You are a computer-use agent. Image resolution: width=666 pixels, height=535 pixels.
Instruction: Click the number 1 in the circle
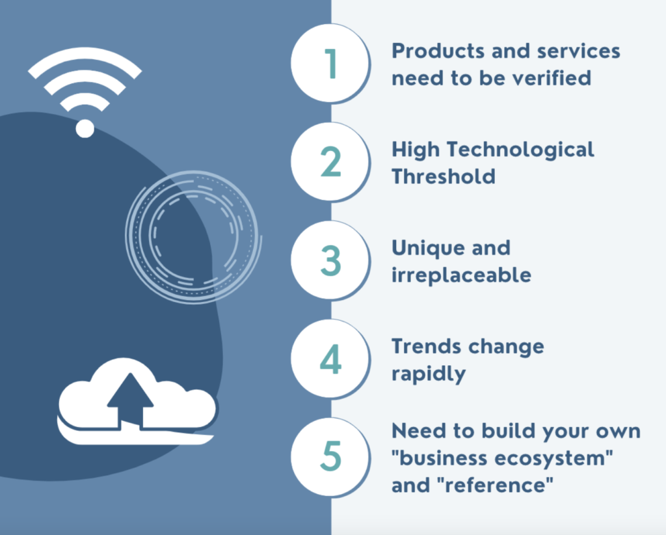pos(330,63)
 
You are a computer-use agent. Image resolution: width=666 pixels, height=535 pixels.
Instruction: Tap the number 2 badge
pos(330,162)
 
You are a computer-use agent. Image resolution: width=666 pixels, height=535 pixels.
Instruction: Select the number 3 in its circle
pos(330,260)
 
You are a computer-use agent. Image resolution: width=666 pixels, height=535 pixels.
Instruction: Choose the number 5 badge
pos(330,457)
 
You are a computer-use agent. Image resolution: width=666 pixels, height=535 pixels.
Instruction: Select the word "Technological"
pos(520,150)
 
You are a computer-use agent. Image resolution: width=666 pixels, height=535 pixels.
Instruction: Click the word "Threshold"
pos(444,176)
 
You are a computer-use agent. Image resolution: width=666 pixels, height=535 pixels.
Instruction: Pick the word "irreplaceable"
pos(461,275)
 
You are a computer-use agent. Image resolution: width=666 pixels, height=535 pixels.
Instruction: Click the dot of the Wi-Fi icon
pos(85,128)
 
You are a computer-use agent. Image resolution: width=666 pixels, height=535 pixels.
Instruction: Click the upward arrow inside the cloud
pos(130,400)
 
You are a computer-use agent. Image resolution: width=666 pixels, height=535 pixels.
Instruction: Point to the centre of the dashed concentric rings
pos(193,236)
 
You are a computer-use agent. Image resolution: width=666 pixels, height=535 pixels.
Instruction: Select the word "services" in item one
pos(578,51)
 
